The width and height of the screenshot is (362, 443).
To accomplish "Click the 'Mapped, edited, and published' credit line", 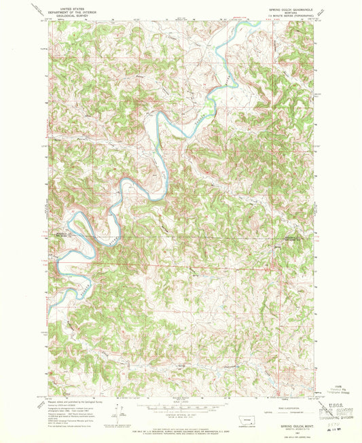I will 71,402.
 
